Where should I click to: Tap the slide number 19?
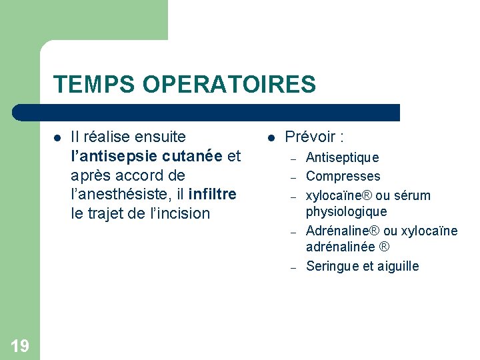(x=20, y=345)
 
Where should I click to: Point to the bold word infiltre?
(x=212, y=195)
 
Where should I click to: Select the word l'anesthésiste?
(x=124, y=195)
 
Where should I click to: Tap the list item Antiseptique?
(x=342, y=157)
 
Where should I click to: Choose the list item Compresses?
(x=343, y=177)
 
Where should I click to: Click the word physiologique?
(x=346, y=211)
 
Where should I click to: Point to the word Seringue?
(x=332, y=266)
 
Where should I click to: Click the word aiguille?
(x=398, y=266)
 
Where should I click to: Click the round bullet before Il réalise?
(x=57, y=138)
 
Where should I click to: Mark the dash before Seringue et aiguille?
(x=293, y=267)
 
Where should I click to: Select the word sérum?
(x=413, y=195)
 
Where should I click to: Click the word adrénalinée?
(x=340, y=247)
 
